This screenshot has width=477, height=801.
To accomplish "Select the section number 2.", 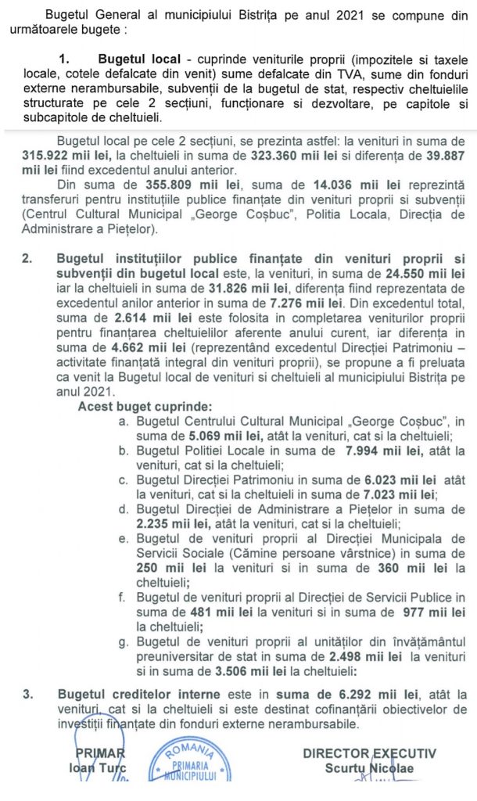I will (27, 257).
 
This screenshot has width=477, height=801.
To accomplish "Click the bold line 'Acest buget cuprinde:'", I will (145, 407).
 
